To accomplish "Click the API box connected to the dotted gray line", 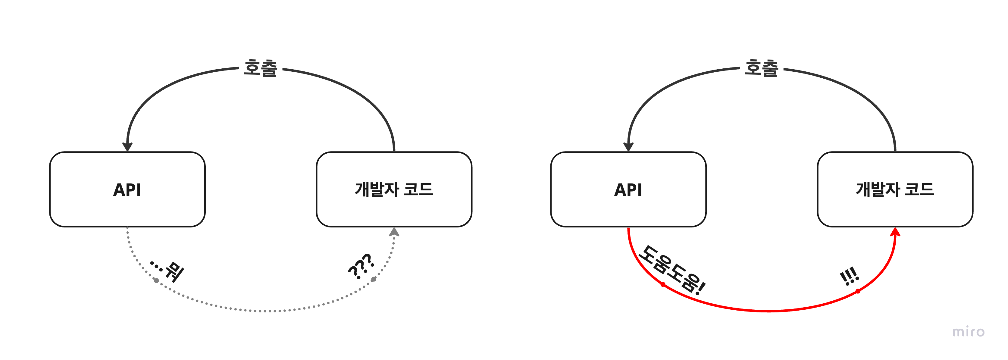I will tap(127, 189).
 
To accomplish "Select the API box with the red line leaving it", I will tap(628, 189).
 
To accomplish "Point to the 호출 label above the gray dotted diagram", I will tap(261, 68).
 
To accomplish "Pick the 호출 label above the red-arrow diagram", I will tap(762, 68).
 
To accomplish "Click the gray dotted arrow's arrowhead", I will tap(394, 233).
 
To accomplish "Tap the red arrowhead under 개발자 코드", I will tap(895, 233).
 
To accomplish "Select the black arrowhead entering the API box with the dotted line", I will tap(127, 146).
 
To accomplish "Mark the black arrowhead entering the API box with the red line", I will tap(628, 146).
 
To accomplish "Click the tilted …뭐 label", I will tap(168, 270).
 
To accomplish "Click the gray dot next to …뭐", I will tap(157, 280).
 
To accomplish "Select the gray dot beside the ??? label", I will tap(374, 279).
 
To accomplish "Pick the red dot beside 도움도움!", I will tap(663, 284).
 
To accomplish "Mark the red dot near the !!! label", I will tap(858, 291).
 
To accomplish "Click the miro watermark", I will tap(968, 332).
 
